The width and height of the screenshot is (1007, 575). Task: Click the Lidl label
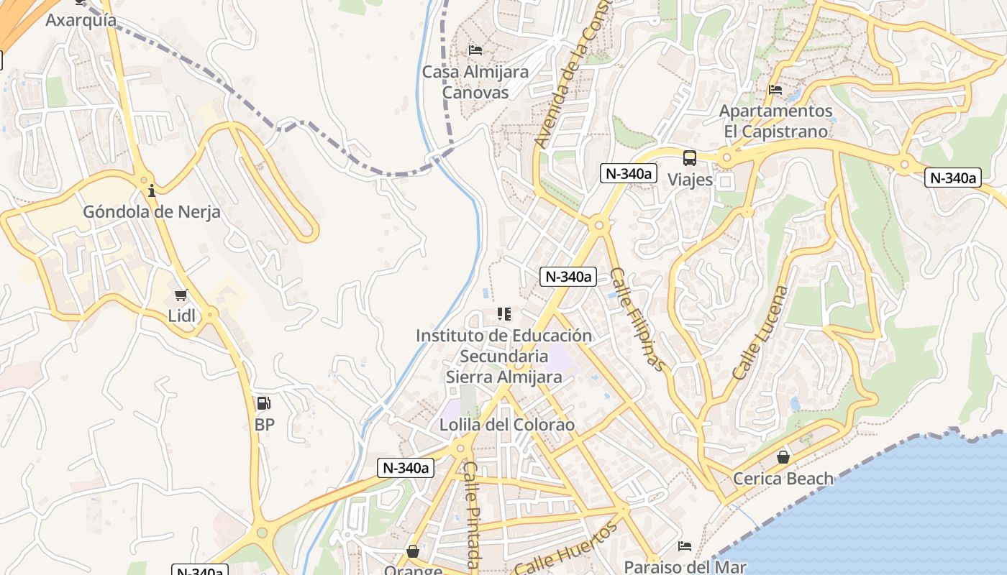coord(181,316)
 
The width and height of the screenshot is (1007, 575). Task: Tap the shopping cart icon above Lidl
coord(181,295)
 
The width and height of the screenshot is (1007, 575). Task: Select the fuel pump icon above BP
coord(264,404)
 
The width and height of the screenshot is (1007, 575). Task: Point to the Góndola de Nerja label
coord(152,212)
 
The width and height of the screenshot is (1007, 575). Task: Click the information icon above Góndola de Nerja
coord(152,190)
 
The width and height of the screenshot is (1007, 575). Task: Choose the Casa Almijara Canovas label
coord(475,82)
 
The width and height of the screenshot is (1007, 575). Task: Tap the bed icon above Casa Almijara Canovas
coord(475,50)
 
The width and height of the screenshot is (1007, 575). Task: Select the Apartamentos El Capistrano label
coord(775,121)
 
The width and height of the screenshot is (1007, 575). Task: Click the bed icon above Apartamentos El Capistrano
coord(775,90)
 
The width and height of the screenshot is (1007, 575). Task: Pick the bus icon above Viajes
coord(690,158)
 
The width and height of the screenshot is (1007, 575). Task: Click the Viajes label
coord(690,179)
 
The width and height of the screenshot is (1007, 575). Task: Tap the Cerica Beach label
coord(783,478)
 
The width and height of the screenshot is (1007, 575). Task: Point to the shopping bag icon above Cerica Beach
coord(783,457)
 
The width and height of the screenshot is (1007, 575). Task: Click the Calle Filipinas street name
coord(637,319)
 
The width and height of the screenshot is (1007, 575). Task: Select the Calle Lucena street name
coord(760,333)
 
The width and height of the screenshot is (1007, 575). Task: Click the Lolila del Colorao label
coord(507,425)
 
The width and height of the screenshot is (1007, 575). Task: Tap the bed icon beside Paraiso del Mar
coord(685,546)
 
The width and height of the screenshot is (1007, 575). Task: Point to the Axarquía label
coord(81,19)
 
